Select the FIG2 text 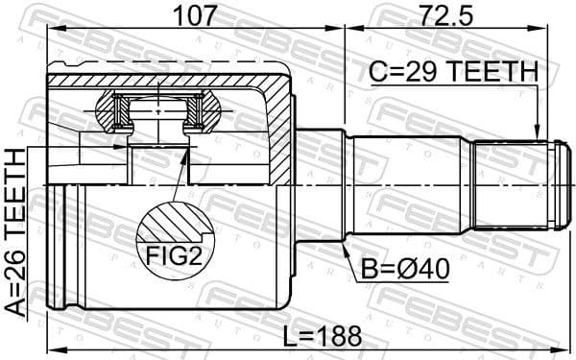coord(175,257)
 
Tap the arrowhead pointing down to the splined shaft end coord(539,133)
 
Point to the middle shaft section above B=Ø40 coord(413,182)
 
